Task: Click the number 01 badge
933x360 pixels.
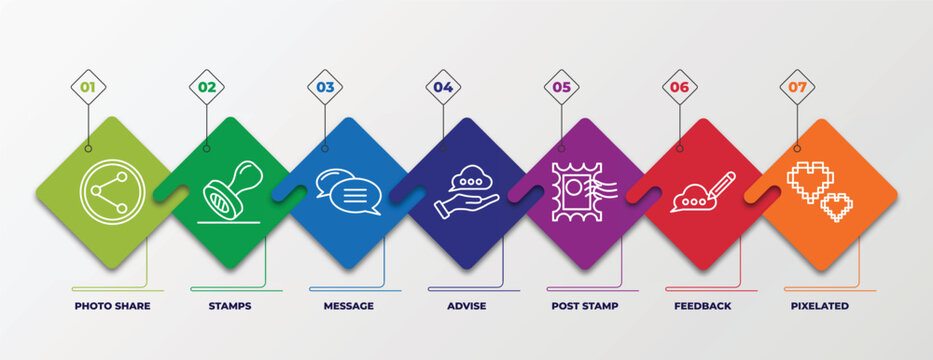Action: (88, 87)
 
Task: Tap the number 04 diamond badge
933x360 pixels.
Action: (443, 87)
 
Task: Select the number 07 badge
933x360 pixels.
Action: (797, 87)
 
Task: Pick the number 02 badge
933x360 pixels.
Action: (206, 87)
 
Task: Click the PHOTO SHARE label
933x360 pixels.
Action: (112, 306)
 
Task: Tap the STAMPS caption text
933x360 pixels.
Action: (230, 306)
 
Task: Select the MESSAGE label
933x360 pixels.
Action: (348, 306)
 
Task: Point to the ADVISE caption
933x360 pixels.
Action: (467, 306)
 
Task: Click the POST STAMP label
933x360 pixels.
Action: (584, 306)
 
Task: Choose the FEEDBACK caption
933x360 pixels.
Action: (702, 306)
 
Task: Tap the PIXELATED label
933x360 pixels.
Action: (820, 306)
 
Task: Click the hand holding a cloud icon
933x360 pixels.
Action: (466, 194)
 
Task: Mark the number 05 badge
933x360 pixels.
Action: (561, 87)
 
